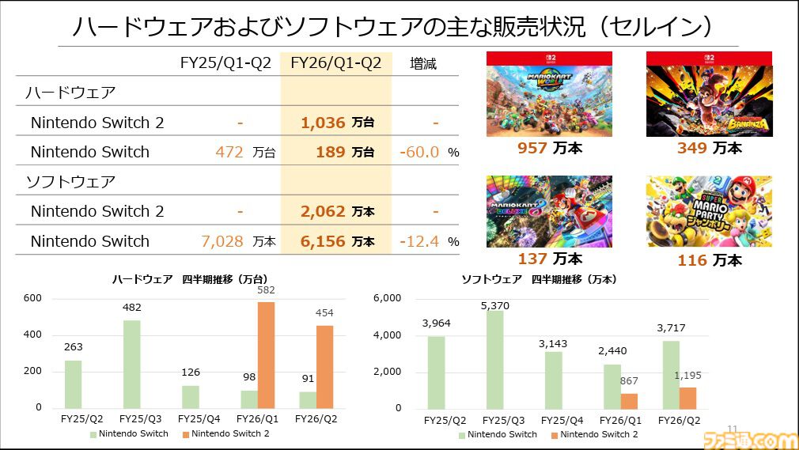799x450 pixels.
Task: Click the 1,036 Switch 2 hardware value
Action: point(323,123)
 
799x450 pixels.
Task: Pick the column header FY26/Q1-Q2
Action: point(336,63)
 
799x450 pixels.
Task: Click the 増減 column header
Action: point(423,63)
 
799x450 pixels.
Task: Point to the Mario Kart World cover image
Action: point(549,94)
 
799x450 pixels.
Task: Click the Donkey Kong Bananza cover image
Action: point(709,94)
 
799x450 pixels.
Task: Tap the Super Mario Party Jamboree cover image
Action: point(709,211)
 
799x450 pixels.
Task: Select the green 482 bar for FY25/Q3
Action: point(131,363)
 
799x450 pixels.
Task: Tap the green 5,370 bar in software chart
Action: point(495,359)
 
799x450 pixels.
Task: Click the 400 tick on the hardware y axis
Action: point(32,335)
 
